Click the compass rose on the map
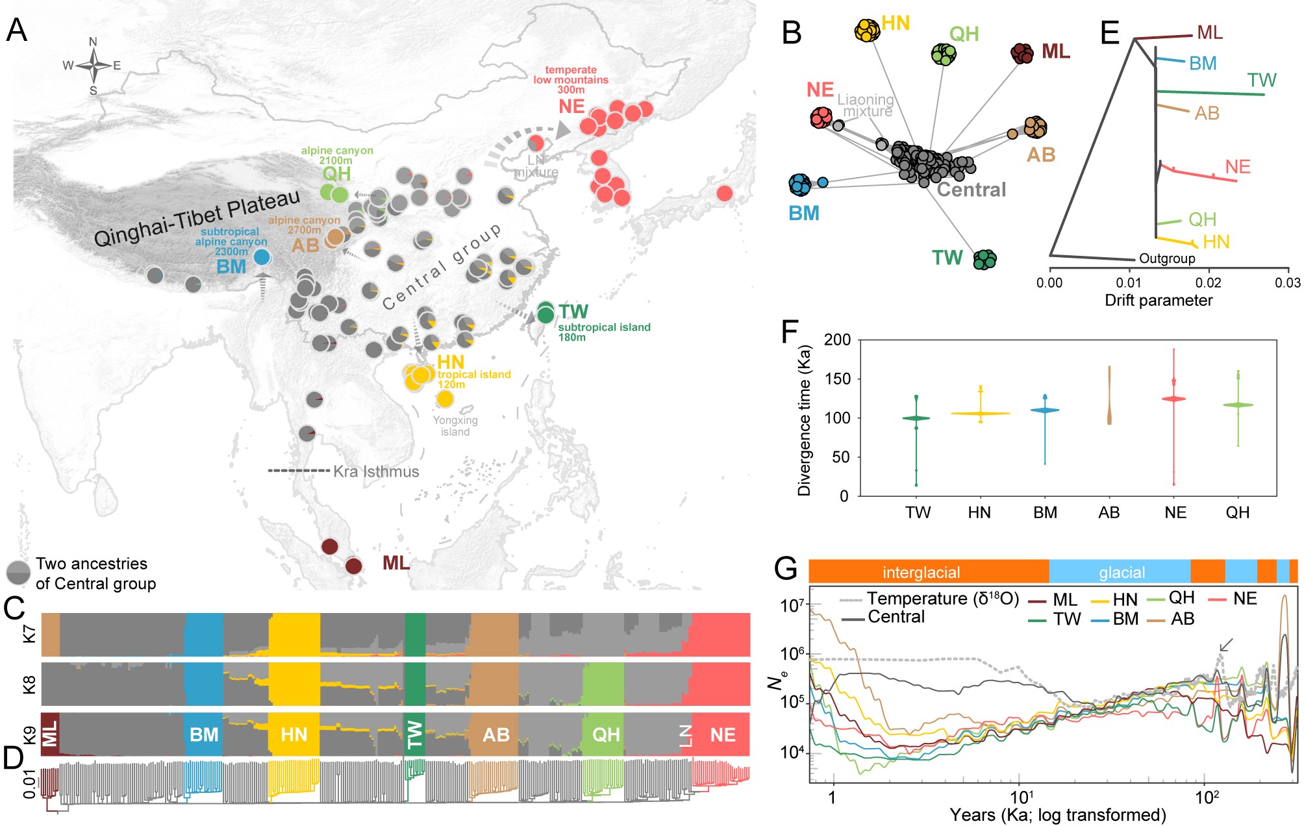click(94, 66)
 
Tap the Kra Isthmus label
click(376, 471)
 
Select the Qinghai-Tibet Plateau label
click(197, 218)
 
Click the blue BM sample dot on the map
click(262, 257)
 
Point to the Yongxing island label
click(455, 426)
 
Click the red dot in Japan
click(725, 193)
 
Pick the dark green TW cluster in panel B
click(984, 259)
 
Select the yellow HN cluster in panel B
click(867, 30)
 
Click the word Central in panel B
click(971, 190)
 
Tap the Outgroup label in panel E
click(1167, 258)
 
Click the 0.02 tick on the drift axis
click(1208, 282)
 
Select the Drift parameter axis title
click(1159, 300)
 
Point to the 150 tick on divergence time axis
click(836, 379)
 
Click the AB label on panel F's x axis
click(1109, 512)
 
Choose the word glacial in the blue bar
click(1122, 572)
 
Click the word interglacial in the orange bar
click(921, 572)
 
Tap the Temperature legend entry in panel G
click(942, 598)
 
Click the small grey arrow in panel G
click(1226, 645)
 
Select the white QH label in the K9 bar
click(606, 734)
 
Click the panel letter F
click(789, 332)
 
